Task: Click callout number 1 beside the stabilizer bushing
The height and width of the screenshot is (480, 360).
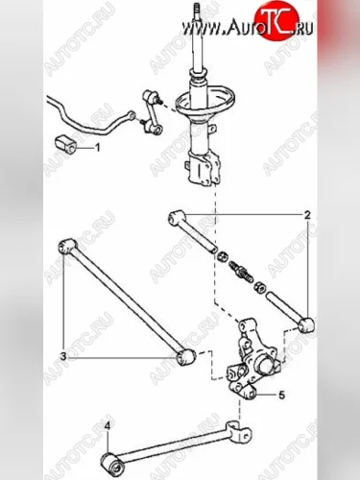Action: (97, 148)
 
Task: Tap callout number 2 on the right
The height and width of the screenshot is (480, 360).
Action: (307, 215)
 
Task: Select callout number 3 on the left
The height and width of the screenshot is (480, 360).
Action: (63, 356)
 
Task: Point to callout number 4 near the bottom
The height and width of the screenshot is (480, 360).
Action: (107, 426)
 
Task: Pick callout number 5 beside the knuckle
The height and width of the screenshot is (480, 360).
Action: (281, 396)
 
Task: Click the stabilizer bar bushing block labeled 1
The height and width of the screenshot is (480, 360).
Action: (66, 144)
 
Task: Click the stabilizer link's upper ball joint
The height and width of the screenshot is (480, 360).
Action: (149, 96)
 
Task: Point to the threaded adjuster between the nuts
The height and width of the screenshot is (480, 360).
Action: (238, 271)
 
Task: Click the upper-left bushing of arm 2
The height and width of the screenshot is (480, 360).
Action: (176, 217)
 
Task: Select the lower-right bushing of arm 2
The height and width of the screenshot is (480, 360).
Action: (306, 325)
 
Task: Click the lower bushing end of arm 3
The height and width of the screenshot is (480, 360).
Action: (185, 357)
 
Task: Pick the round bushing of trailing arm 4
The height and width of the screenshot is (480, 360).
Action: (112, 463)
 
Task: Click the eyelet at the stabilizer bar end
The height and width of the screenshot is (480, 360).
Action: (132, 114)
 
